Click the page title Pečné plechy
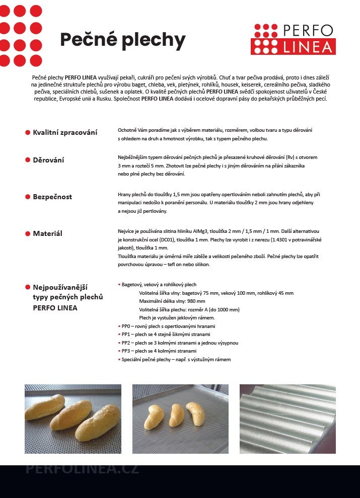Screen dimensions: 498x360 tap(123, 40)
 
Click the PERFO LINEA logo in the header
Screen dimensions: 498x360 tap(293, 39)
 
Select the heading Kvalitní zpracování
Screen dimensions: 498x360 tap(65, 132)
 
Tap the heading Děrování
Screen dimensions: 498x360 tap(48, 160)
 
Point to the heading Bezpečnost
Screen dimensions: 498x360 tap(52, 197)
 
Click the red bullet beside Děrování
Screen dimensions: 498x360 tap(28, 160)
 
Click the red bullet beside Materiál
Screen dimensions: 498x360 tap(28, 233)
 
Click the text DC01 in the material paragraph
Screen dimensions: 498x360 tap(177, 239)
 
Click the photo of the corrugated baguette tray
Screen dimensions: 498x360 tap(287, 419)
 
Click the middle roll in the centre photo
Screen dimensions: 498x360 tap(177, 416)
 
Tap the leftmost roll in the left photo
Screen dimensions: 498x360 tap(44, 407)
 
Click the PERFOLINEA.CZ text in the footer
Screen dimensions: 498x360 tap(82, 469)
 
